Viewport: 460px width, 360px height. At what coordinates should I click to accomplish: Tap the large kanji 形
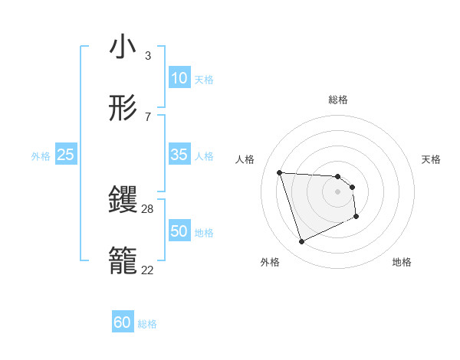pos(123,108)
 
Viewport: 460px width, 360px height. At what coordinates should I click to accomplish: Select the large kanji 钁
pos(123,201)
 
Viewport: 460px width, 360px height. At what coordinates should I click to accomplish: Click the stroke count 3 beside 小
pos(148,55)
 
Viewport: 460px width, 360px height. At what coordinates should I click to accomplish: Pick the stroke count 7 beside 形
pos(148,116)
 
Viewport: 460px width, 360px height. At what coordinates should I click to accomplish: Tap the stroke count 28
pos(148,208)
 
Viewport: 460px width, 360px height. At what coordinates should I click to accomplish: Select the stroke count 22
pos(148,270)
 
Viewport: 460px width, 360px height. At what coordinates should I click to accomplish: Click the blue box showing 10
pos(179,78)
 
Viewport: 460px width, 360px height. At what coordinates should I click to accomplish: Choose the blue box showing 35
pos(179,155)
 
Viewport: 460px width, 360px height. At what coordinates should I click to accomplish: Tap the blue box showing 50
pos(179,232)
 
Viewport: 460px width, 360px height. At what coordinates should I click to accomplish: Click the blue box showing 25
pos(66,155)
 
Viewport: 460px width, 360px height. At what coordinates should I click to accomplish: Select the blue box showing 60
pos(123,323)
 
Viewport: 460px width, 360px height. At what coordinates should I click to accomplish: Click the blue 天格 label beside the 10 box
pos(204,80)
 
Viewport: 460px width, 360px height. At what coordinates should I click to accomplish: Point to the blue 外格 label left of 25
pos(41,156)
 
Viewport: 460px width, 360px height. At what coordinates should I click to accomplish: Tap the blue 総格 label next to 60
pos(147,325)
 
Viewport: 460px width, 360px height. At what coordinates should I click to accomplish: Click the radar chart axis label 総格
pos(338,100)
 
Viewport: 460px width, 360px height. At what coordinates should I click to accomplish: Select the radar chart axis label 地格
pos(402,263)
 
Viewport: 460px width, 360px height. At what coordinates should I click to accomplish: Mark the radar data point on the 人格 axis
pos(279,172)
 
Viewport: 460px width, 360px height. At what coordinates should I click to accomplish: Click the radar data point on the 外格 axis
pos(301,242)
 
